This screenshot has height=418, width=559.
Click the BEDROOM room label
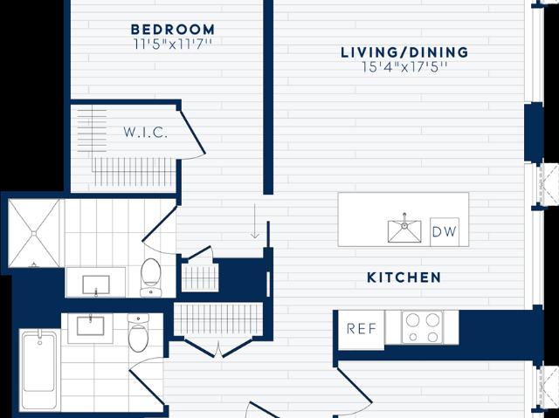click(173, 29)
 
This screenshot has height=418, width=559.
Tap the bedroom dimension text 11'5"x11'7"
click(173, 45)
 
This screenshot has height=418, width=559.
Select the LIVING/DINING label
click(404, 52)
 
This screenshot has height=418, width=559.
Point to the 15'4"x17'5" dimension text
click(404, 67)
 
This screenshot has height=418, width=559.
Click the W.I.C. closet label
click(146, 133)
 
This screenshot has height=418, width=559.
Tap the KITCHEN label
click(404, 278)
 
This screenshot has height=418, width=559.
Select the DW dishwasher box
click(445, 232)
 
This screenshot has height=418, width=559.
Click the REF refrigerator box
click(361, 329)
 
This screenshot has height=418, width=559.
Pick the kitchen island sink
click(404, 230)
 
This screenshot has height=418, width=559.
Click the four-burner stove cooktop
click(423, 327)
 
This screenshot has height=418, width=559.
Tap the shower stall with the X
click(34, 233)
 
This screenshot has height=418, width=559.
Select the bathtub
click(38, 369)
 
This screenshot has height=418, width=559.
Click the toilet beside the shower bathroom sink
click(151, 277)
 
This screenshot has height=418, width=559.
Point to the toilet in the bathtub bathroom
click(138, 332)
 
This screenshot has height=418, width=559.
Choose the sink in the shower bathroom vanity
click(96, 284)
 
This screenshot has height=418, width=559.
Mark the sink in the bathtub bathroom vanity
click(91, 325)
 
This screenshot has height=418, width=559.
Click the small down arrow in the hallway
click(254, 221)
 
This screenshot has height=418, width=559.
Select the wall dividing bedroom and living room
click(268, 97)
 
